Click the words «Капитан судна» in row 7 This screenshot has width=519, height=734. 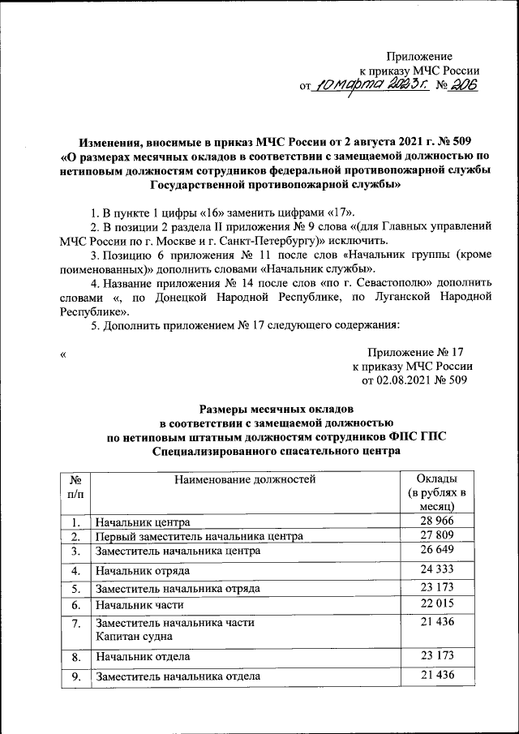132,636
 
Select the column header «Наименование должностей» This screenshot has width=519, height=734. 244,479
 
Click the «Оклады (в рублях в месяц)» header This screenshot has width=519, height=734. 440,491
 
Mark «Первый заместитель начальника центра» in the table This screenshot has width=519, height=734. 199,537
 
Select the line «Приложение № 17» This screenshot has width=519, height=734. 415,353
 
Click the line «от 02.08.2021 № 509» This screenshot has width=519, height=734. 414,380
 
